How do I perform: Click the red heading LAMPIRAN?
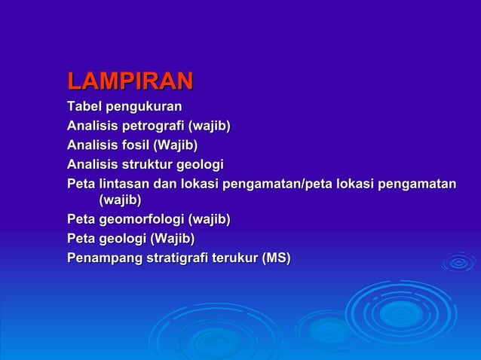click(x=130, y=81)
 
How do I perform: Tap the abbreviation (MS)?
click(x=275, y=258)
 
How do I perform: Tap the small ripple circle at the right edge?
click(x=458, y=262)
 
